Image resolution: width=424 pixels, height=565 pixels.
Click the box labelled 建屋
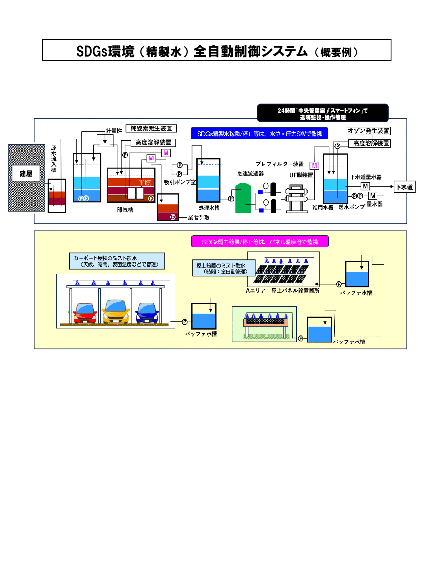[26, 173]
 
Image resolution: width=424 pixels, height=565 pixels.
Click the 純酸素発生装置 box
[151, 129]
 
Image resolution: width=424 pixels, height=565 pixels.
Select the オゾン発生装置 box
[369, 131]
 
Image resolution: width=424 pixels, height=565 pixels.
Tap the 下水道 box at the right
[404, 187]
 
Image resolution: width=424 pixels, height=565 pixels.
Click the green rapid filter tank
[243, 198]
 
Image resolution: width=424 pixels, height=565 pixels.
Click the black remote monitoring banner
[323, 113]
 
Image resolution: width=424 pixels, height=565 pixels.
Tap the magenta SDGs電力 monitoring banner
[260, 242]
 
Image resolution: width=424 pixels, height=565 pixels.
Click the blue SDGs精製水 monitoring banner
[259, 133]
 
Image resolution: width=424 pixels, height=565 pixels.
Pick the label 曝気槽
[125, 210]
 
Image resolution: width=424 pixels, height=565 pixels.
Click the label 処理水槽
[209, 208]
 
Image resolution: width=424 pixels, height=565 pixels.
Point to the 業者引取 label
[198, 218]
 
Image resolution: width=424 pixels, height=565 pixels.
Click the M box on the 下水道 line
[365, 186]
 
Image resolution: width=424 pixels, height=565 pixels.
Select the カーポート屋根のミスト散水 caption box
[117, 261]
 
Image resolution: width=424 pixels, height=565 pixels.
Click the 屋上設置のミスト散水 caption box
[223, 268]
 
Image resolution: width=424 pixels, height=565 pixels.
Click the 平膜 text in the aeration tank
[144, 182]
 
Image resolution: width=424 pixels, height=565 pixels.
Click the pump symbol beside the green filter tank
[231, 199]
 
